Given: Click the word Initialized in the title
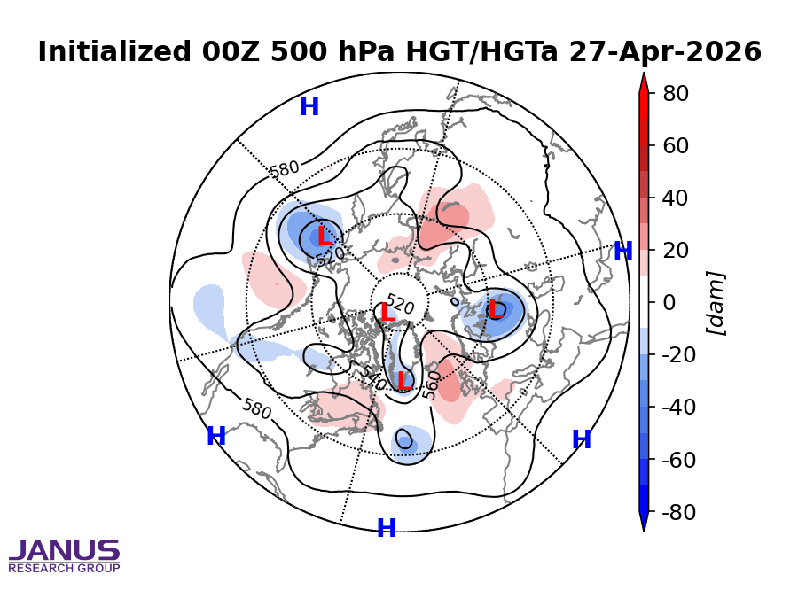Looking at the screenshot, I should pyautogui.click(x=105, y=52).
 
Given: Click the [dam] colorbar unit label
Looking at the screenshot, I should pyautogui.click(x=716, y=302).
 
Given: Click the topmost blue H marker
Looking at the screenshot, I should pyautogui.click(x=309, y=107).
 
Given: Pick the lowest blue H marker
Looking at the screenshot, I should pyautogui.click(x=387, y=529).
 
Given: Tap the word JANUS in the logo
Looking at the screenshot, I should pyautogui.click(x=64, y=551).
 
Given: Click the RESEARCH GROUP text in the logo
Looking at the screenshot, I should pyautogui.click(x=64, y=568).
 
